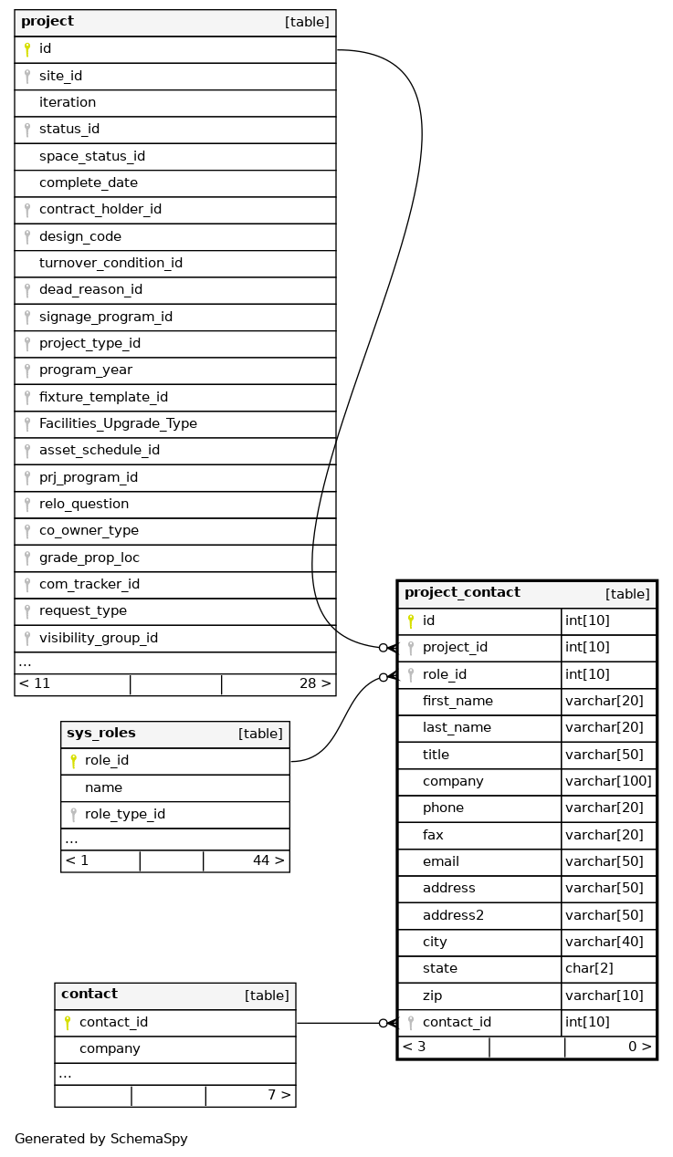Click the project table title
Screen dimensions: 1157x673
pos(47,22)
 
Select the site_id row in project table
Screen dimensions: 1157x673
pos(60,76)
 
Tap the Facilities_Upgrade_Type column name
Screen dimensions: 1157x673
pos(118,424)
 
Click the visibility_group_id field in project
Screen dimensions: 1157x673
pos(99,638)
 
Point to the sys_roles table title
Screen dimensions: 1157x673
pos(101,734)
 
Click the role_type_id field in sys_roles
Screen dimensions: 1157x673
pos(125,814)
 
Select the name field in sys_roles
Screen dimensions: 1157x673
pos(103,787)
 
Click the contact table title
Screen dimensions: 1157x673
pos(89,995)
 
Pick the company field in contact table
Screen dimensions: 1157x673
pos(110,1049)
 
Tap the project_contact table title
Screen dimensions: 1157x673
pos(462,593)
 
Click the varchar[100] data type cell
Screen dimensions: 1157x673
pos(608,782)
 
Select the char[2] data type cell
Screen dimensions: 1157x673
pos(584,969)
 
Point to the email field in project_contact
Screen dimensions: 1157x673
pos(440,862)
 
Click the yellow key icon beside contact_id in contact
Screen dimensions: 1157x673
pos(67,1023)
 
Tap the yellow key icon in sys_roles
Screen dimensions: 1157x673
pos(73,761)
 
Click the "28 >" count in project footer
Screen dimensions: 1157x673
pos(315,683)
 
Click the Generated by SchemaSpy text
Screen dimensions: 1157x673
pos(100,1139)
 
